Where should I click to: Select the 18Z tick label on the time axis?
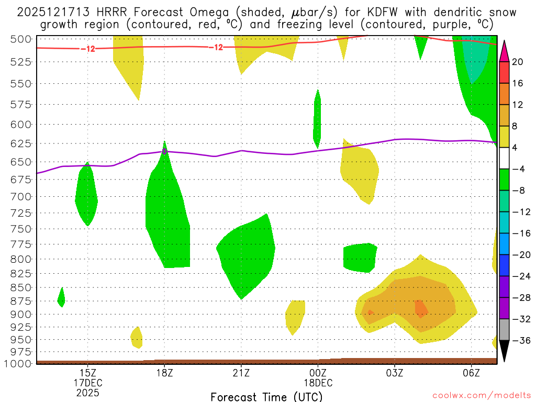pyautogui.click(x=164, y=373)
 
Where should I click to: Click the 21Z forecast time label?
pyautogui.click(x=241, y=373)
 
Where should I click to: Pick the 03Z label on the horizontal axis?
pyautogui.click(x=394, y=373)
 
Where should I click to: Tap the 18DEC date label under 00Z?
pyautogui.click(x=318, y=383)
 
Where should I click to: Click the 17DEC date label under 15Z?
pyautogui.click(x=87, y=383)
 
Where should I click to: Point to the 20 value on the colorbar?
pyautogui.click(x=518, y=62)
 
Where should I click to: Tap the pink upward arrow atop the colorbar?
pyautogui.click(x=504, y=51)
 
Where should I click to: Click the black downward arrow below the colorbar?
pyautogui.click(x=504, y=351)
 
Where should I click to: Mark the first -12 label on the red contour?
pyautogui.click(x=87, y=49)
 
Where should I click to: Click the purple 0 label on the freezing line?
pyautogui.click(x=164, y=151)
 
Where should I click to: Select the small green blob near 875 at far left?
pyautogui.click(x=61, y=297)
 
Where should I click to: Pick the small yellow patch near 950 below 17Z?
pyautogui.click(x=136, y=338)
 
